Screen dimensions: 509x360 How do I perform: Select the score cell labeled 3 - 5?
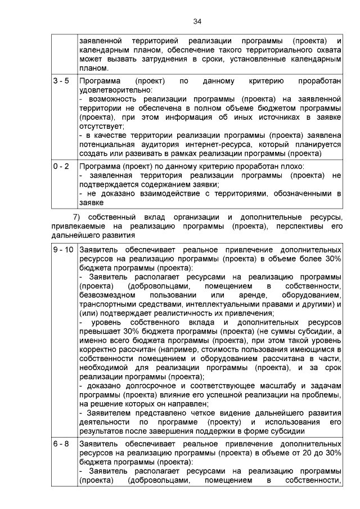tap(61, 81)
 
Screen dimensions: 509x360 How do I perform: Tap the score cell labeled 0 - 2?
tap(61, 166)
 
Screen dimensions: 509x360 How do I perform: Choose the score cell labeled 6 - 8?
tap(61, 444)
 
